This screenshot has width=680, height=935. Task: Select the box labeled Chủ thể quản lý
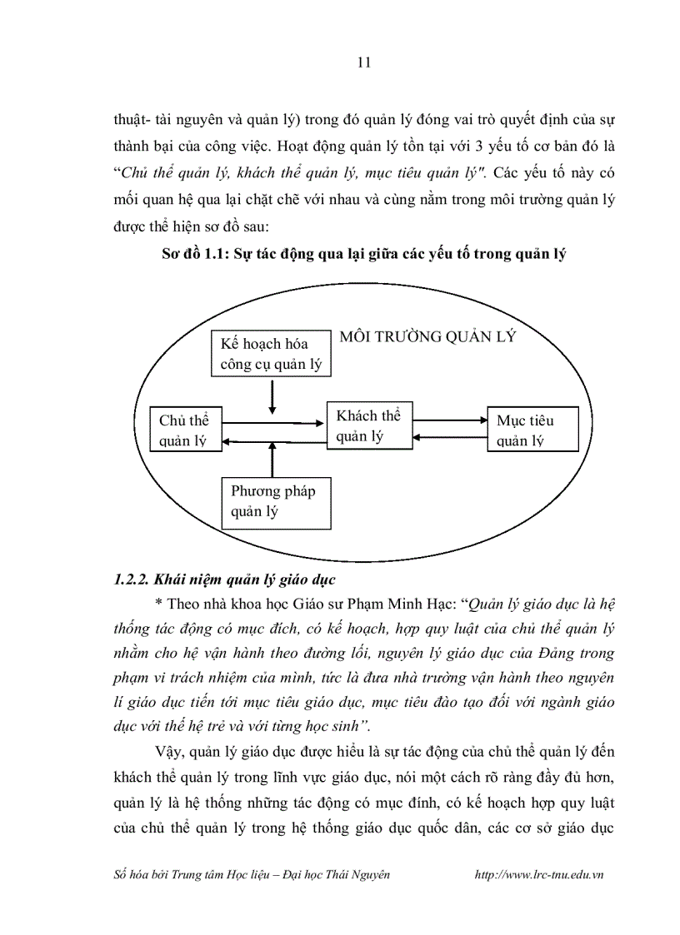[x=184, y=430]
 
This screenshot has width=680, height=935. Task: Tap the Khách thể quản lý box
[x=369, y=425]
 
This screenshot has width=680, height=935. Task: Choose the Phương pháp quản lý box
[x=272, y=501]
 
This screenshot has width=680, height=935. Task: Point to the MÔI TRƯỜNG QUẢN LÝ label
[x=427, y=337]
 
